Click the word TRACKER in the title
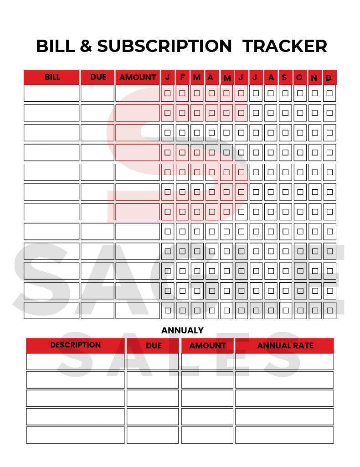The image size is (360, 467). click(285, 46)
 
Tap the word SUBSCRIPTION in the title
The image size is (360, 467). click(165, 46)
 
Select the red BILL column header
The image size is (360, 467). click(52, 77)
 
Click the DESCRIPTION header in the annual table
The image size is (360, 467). click(75, 345)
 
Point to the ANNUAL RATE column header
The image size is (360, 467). click(285, 346)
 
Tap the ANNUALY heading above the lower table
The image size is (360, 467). click(182, 330)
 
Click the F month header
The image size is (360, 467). click(182, 78)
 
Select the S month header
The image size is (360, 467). click(284, 78)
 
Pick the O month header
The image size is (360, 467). click(299, 78)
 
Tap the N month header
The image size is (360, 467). click(314, 78)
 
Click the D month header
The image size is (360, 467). click(329, 78)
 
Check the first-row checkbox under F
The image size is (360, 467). click(182, 93)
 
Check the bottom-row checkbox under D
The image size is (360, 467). click(329, 311)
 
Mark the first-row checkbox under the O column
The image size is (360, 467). click(300, 93)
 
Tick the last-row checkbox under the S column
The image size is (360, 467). click(285, 311)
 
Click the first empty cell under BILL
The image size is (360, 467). click(51, 93)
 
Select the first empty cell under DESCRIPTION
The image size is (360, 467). click(75, 362)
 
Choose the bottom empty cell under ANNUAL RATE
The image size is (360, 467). click(284, 435)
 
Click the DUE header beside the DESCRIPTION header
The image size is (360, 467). click(154, 346)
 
